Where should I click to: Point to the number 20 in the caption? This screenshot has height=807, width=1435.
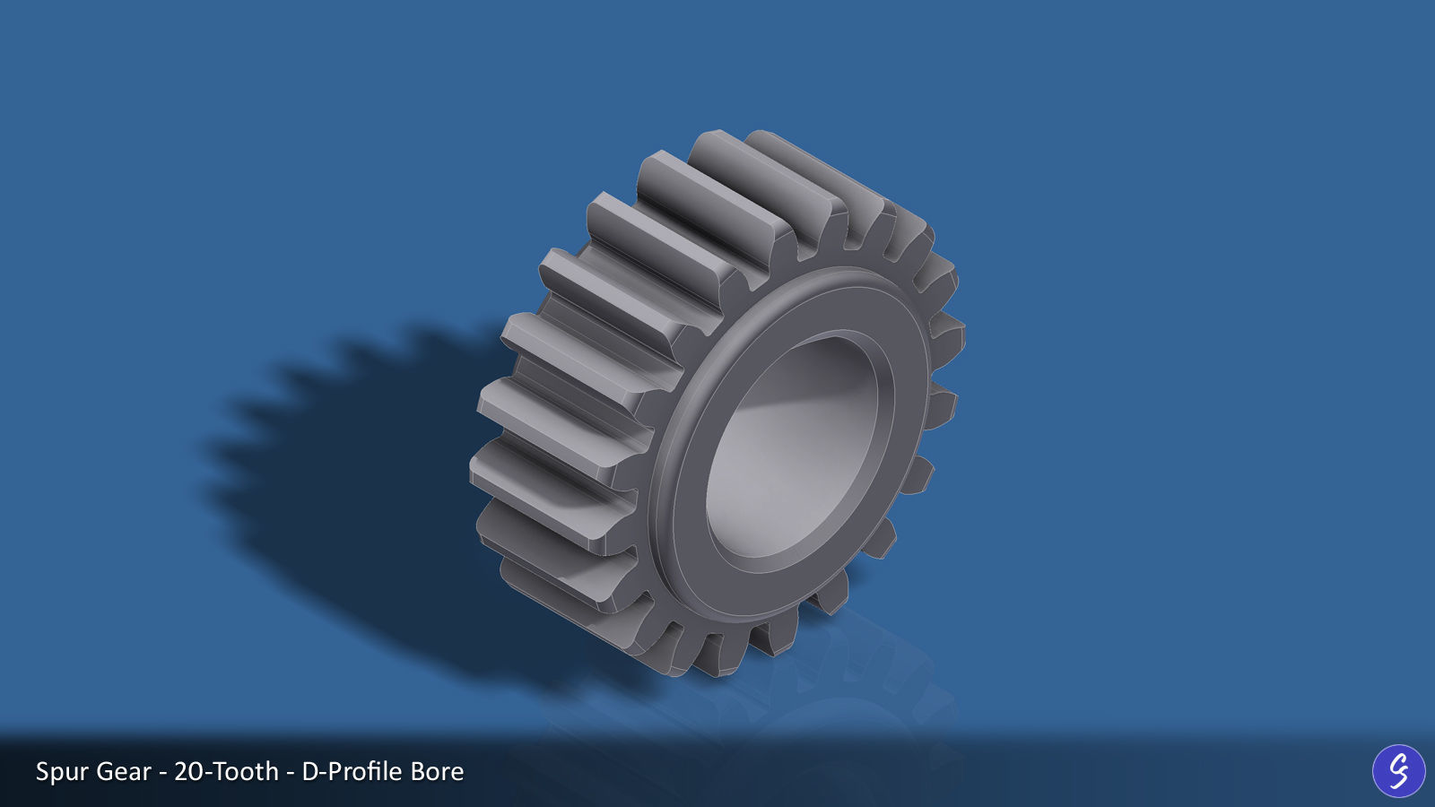click(188, 772)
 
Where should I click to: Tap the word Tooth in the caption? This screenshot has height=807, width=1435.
click(244, 772)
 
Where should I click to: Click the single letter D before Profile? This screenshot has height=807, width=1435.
click(310, 772)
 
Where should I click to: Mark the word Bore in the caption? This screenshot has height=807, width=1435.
click(437, 772)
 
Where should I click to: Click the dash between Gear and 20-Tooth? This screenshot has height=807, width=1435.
click(162, 773)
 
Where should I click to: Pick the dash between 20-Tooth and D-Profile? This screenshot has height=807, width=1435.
click(290, 773)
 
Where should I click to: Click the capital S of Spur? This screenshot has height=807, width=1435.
click(42, 772)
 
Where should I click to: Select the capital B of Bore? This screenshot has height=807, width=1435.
click(419, 772)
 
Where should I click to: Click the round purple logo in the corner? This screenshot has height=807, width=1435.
click(1398, 770)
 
